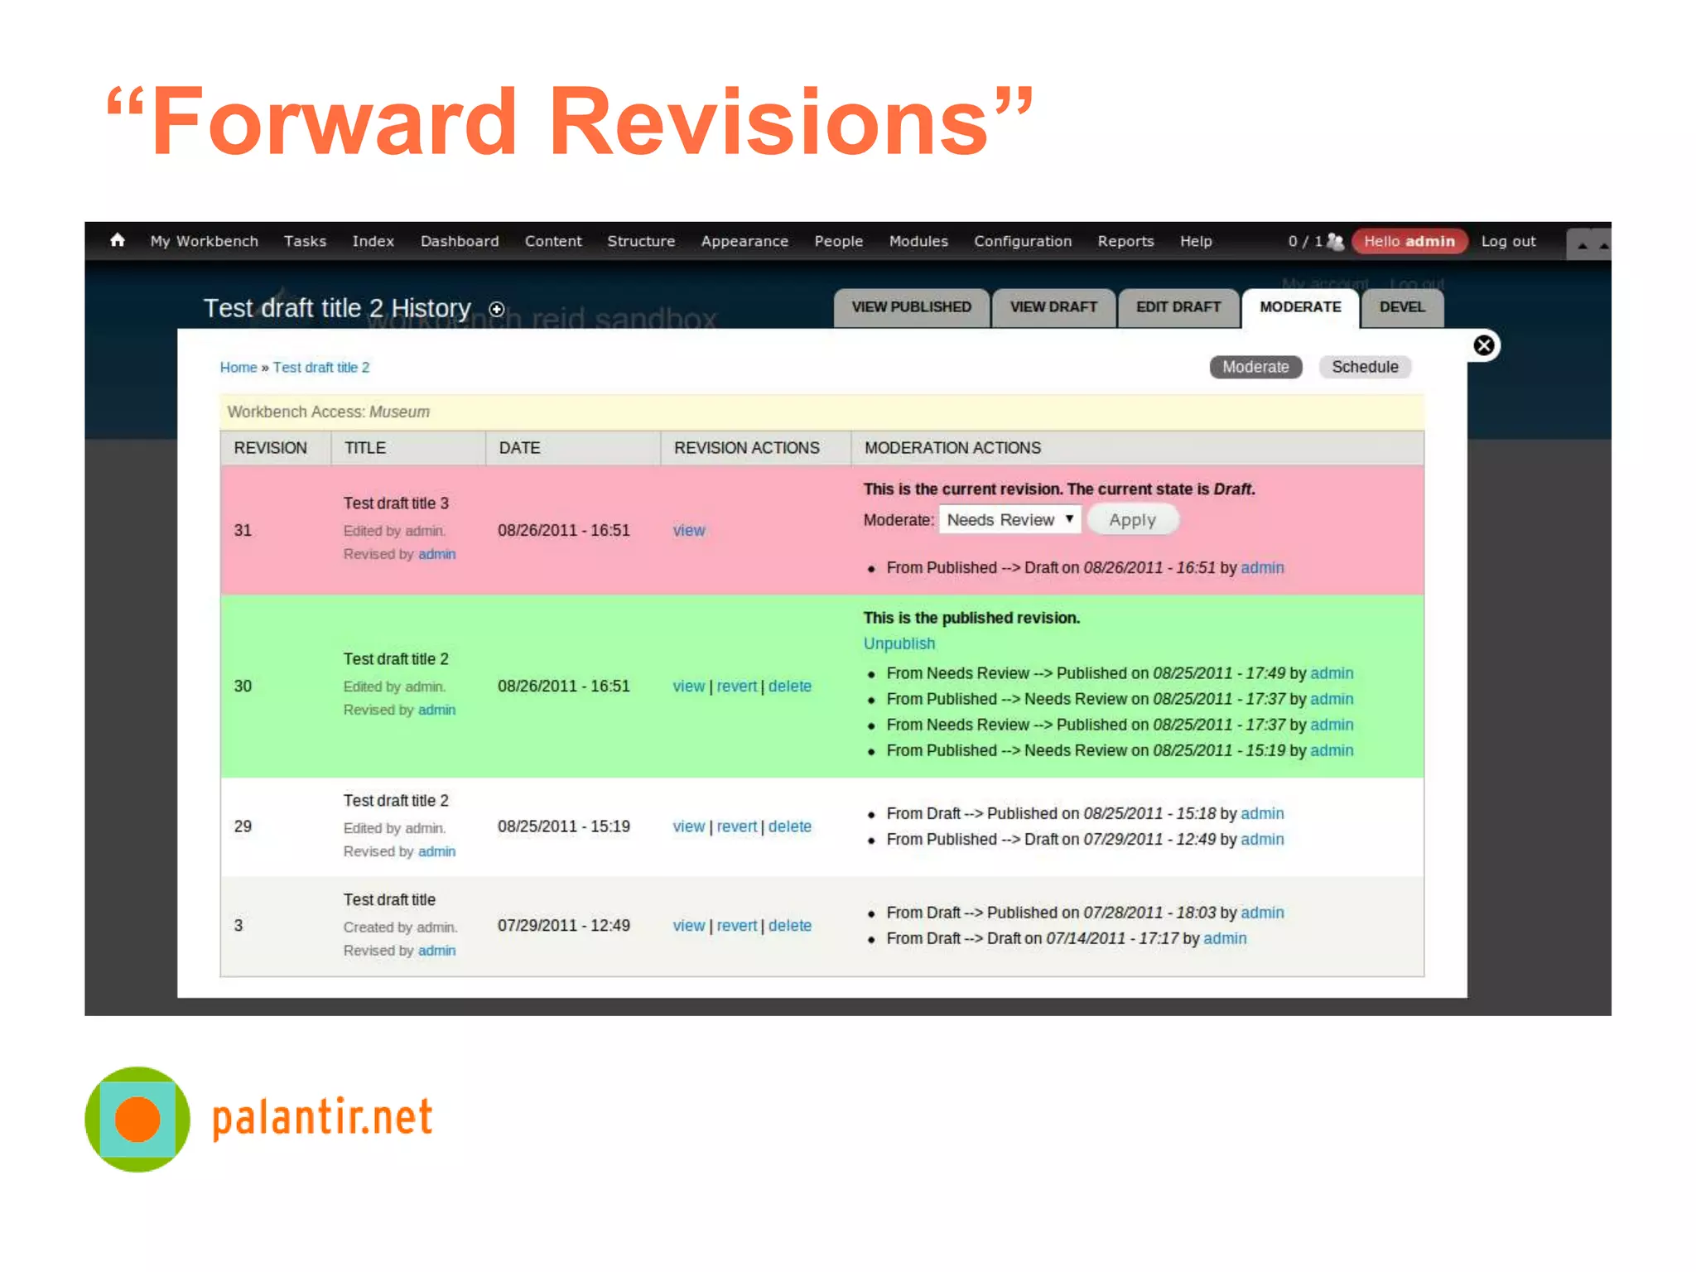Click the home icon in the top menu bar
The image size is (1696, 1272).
[118, 240]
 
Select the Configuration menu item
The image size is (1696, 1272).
[1022, 241]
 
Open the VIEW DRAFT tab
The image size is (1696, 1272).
[1053, 307]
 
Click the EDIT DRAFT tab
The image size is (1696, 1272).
[1178, 307]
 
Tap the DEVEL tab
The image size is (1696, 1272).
[1401, 307]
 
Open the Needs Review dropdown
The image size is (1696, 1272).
[1009, 520]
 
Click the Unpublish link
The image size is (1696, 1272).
[899, 643]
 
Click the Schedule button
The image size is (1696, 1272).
[1364, 367]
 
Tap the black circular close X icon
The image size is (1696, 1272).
[1483, 345]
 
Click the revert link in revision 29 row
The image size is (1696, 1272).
[736, 826]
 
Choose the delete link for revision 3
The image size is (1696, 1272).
[789, 926]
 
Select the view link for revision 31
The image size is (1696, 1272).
[688, 531]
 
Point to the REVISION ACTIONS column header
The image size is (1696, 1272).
[746, 448]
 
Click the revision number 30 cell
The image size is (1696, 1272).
[243, 687]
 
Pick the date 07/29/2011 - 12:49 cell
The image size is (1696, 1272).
[563, 926]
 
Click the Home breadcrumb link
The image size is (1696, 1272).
[238, 368]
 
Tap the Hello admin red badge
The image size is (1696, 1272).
[1409, 241]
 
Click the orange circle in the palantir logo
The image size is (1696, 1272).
[137, 1119]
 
